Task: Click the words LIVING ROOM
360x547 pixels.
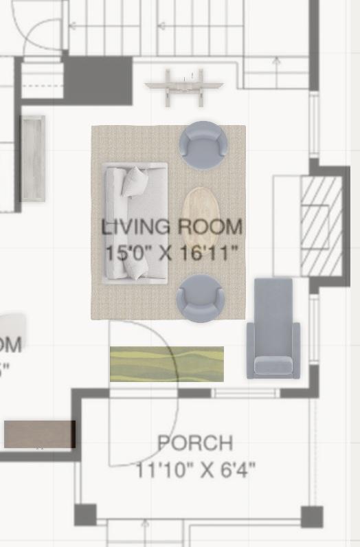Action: tap(172, 226)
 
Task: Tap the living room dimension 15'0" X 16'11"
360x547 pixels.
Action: tap(172, 252)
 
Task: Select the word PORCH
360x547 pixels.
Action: tap(195, 443)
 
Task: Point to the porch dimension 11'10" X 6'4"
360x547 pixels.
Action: tap(195, 470)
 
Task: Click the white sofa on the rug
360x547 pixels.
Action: tap(135, 223)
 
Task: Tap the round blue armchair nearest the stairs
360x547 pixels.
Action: tap(203, 144)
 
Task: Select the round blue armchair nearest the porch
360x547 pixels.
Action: tap(200, 298)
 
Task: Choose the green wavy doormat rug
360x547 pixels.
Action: tap(167, 364)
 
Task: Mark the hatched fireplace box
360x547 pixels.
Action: tap(321, 225)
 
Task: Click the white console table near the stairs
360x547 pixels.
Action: tap(184, 87)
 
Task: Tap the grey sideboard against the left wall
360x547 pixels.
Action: tap(32, 158)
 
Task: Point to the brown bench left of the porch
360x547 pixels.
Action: tap(39, 434)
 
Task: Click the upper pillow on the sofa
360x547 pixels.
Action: tap(135, 181)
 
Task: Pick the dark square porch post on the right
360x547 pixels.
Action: tap(311, 516)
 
